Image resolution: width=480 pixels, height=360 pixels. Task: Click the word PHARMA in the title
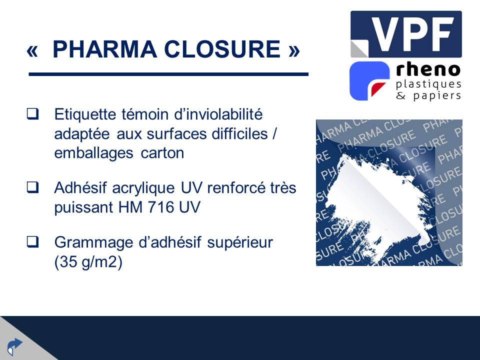104,49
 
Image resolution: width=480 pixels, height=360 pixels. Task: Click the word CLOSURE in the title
222,49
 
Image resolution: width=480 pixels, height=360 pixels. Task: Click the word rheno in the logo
428,70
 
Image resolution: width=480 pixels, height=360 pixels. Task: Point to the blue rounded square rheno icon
369,81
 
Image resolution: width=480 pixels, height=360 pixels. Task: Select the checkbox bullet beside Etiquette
32,114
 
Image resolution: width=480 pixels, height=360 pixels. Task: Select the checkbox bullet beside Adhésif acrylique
32,187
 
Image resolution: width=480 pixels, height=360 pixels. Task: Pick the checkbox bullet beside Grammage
32,242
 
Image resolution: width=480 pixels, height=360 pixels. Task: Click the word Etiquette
85,115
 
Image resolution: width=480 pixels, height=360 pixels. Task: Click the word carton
162,153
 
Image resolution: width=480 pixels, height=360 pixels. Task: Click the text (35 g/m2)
88,262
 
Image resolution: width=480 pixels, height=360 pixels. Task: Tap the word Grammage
93,243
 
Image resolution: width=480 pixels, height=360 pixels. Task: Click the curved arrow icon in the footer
14,346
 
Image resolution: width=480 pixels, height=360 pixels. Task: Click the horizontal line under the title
168,74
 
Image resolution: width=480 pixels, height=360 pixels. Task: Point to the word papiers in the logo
437,96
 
